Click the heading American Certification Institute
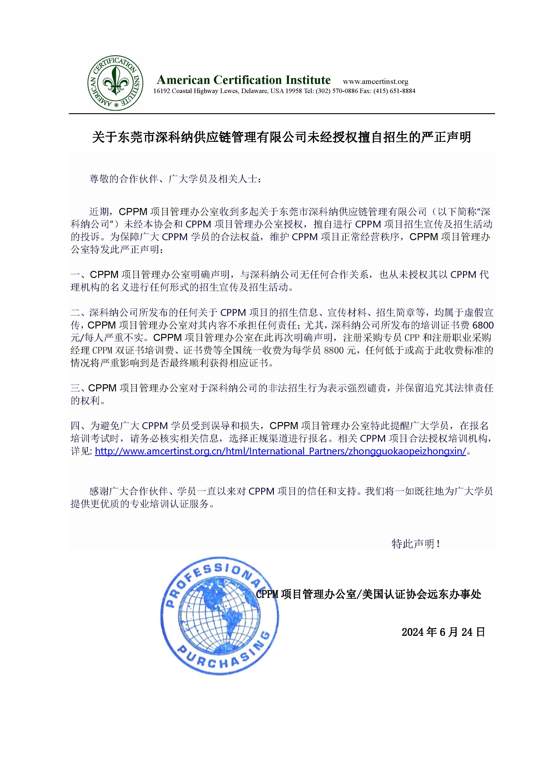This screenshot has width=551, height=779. point(243,80)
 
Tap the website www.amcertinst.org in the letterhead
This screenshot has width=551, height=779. point(376,82)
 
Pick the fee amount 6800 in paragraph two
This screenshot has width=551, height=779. point(483,325)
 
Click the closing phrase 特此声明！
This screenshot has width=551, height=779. point(416,544)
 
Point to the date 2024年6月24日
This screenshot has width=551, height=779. point(443,632)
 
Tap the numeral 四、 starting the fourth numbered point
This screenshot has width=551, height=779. point(80,426)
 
